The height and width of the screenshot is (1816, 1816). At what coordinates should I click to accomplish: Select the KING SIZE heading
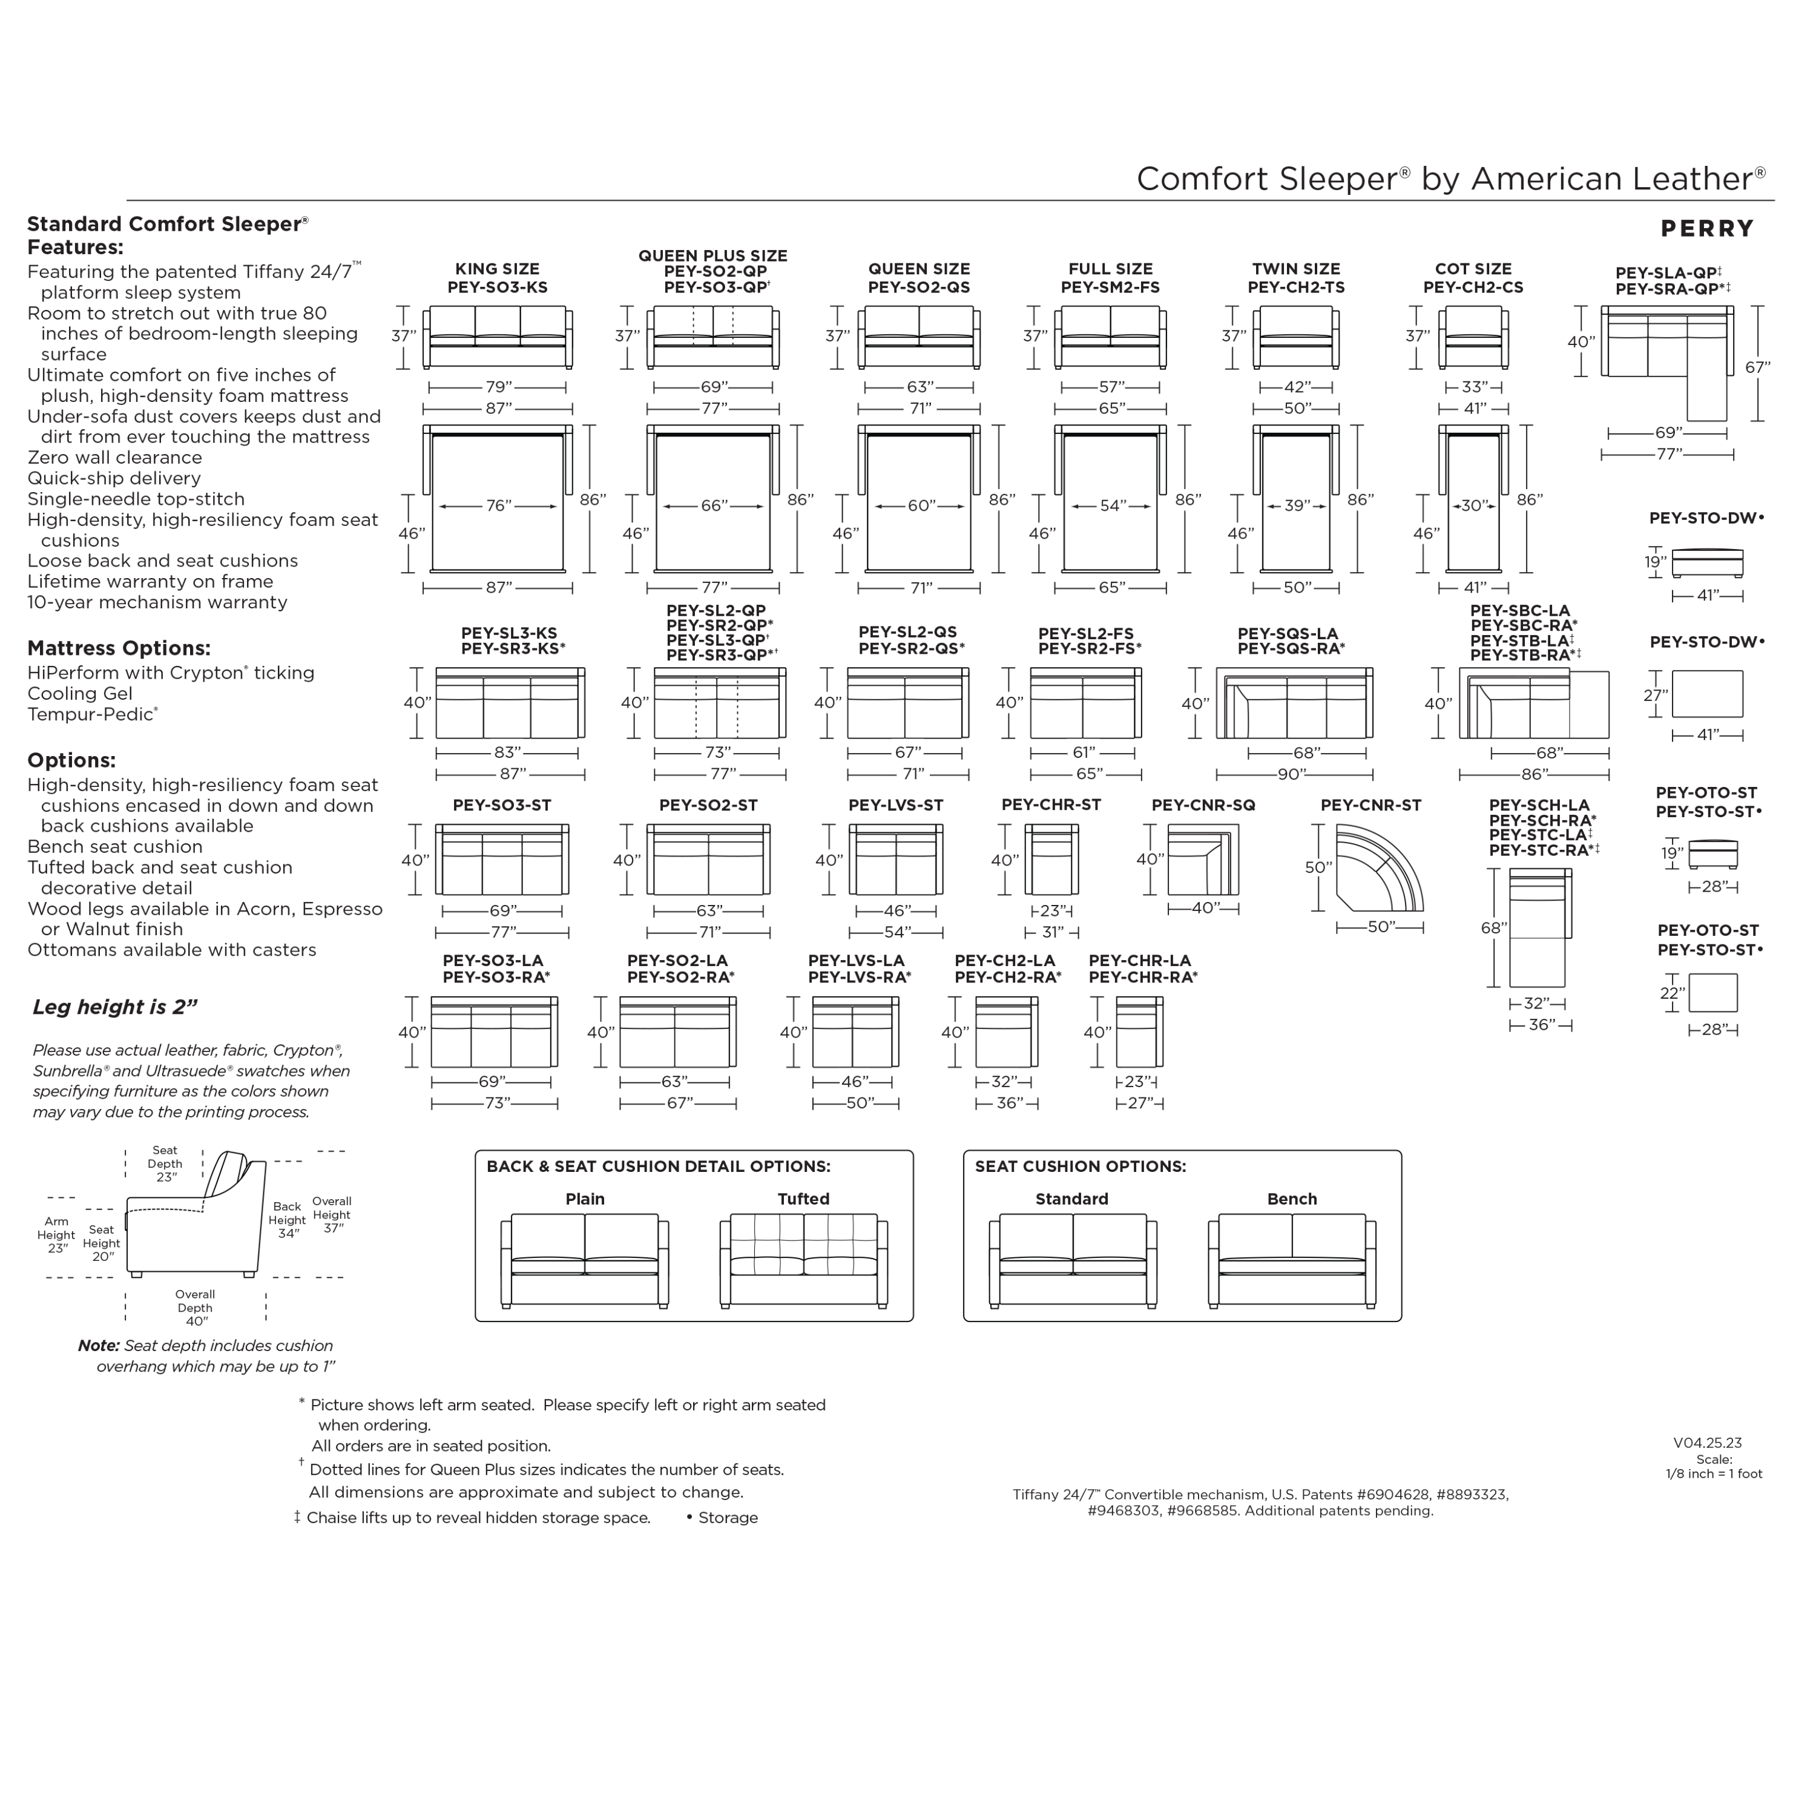coord(497,269)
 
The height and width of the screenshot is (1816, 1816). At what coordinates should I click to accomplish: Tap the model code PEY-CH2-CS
coord(1473,288)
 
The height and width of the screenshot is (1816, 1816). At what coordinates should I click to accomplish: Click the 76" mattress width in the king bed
coord(498,505)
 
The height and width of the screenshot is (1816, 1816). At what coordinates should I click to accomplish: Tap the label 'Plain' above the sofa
coord(585,1199)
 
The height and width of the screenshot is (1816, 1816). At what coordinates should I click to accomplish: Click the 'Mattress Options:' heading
coord(119,648)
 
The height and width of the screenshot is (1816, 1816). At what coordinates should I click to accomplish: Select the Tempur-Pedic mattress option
coord(92,714)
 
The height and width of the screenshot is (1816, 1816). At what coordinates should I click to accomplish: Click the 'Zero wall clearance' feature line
coord(114,458)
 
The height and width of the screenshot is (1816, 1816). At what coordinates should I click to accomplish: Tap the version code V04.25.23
coord(1707,1443)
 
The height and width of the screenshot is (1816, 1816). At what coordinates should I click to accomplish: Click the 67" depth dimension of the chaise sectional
coord(1757,367)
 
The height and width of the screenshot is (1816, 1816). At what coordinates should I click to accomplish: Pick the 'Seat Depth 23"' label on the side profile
coord(165,1163)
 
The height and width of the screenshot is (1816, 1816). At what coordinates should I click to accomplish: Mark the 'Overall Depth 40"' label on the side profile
coord(196,1308)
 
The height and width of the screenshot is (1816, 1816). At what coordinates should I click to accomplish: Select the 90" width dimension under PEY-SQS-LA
coord(1292,775)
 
